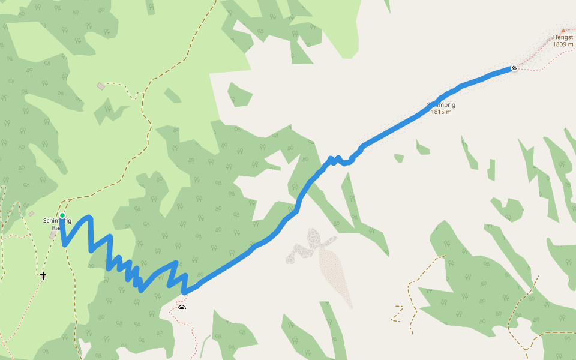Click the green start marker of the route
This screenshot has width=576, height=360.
click(62, 215)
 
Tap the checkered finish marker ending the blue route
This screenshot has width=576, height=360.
click(514, 68)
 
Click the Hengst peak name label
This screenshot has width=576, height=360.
click(563, 37)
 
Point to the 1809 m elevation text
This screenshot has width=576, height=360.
click(563, 44)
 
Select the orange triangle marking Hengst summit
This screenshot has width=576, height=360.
click(563, 30)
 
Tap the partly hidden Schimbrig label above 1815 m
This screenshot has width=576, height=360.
click(442, 105)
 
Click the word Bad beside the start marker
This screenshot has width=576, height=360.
click(55, 228)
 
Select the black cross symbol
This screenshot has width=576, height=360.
click(43, 276)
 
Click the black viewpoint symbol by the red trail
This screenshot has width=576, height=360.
click(182, 308)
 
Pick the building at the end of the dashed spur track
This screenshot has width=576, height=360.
click(100, 86)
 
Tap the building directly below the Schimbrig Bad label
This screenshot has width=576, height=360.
click(53, 235)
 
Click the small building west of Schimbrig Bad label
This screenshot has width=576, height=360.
click(31, 214)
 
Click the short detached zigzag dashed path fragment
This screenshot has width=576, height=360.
click(397, 313)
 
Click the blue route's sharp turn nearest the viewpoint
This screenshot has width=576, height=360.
click(185, 292)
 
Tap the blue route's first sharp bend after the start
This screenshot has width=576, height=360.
click(65, 244)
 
